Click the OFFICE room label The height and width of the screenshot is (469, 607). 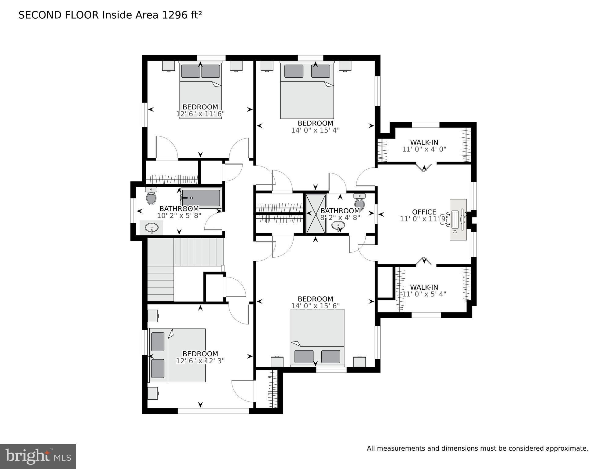point(424,212)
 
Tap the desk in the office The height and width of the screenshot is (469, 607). point(458,220)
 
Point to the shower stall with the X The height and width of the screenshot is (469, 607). point(316,214)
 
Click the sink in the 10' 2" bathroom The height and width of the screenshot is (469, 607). point(152,228)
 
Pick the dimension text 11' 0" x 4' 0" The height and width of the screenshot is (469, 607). point(424,149)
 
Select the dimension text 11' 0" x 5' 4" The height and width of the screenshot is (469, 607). point(424,294)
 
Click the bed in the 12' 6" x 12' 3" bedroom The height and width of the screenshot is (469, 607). point(177,355)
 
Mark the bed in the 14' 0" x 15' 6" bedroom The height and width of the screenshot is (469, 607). point(317,337)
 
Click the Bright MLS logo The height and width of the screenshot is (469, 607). point(38,456)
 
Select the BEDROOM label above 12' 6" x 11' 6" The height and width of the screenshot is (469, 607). point(200,107)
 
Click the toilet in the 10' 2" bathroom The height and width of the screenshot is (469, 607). point(151,196)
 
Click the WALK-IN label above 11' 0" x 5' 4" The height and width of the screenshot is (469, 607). point(424,287)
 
